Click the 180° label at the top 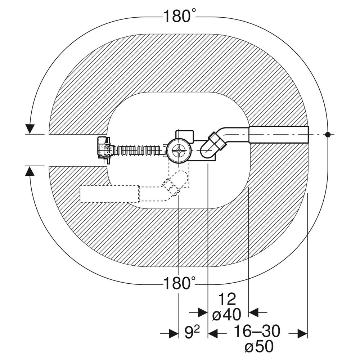(180, 16)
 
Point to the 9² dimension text (192, 332)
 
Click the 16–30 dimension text (257, 331)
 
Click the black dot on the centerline (328, 135)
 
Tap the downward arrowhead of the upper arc (30, 129)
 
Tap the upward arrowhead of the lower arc (30, 171)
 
